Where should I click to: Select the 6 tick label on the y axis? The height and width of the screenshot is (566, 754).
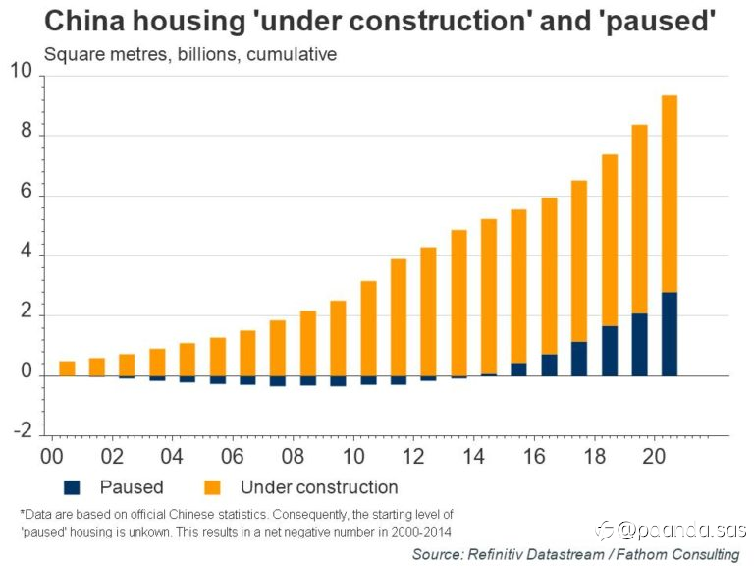click(26, 196)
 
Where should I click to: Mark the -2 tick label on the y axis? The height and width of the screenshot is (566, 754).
click(22, 432)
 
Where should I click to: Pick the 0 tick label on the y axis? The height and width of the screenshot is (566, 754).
click(26, 375)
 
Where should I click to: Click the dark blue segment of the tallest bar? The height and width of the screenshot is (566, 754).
click(669, 334)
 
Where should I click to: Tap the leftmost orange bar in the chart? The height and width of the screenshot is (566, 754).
click(67, 368)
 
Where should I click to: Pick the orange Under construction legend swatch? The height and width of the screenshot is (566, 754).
click(212, 486)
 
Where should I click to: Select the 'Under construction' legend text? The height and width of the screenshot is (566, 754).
click(319, 486)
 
